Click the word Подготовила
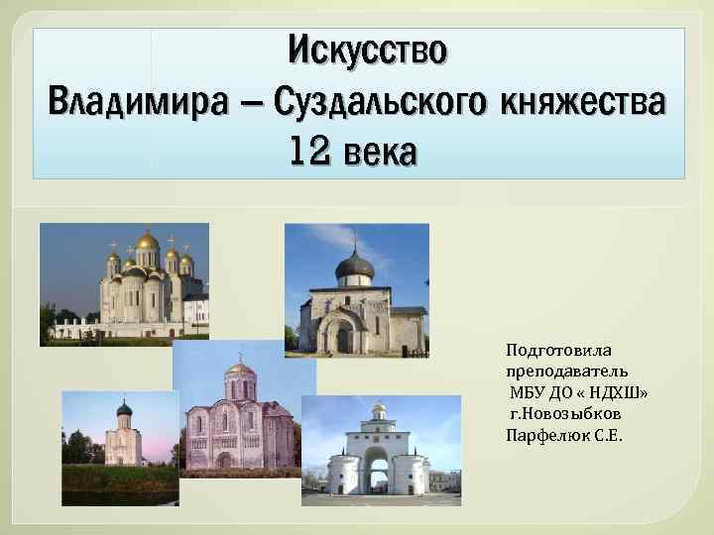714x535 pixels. pos(559,350)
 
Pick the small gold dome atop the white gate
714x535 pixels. pos(379,408)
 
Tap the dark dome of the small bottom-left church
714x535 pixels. pos(124,408)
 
